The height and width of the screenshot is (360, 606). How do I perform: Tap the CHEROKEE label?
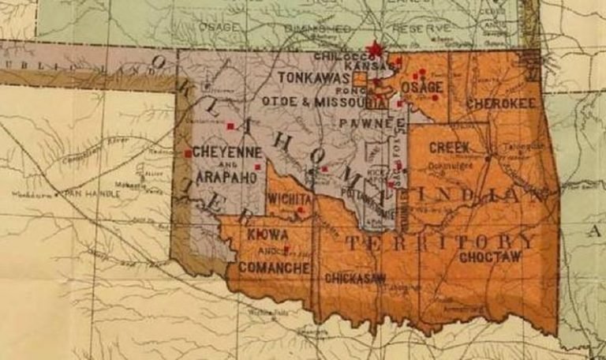[x=491, y=103]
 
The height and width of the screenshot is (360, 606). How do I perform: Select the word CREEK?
[x=449, y=148]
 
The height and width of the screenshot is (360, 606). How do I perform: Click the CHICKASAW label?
[x=354, y=277]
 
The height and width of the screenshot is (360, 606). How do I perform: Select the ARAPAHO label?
[x=226, y=177]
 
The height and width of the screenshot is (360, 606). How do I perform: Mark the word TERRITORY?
[x=440, y=241]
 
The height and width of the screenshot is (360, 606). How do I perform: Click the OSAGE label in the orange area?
[x=422, y=86]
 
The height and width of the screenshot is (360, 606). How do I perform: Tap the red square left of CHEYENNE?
[x=188, y=153]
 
